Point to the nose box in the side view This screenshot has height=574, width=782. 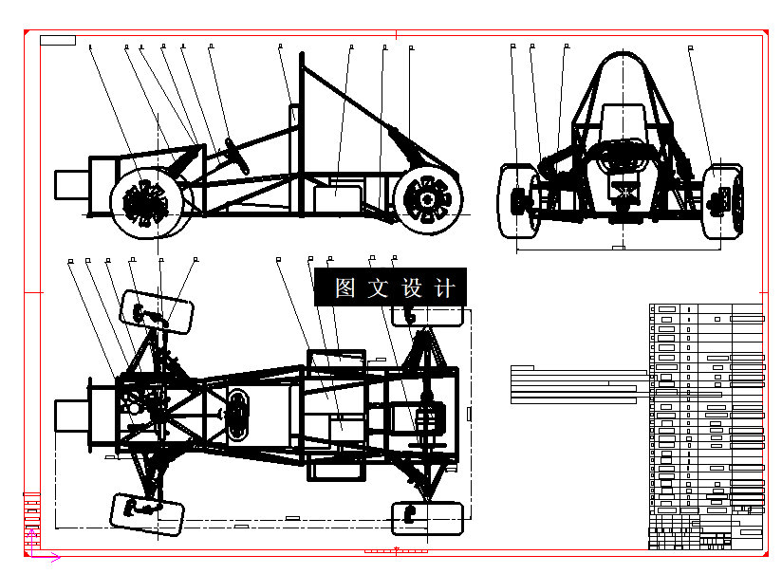(x=71, y=184)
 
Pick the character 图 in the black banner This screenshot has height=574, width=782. (x=345, y=287)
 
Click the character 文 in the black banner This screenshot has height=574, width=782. (x=379, y=287)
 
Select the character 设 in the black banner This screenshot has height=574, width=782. (x=412, y=287)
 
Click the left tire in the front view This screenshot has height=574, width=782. (x=516, y=200)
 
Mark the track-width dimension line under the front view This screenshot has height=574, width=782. (x=617, y=249)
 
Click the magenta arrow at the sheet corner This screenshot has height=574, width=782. (x=55, y=557)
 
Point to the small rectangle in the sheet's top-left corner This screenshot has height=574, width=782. (x=58, y=40)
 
